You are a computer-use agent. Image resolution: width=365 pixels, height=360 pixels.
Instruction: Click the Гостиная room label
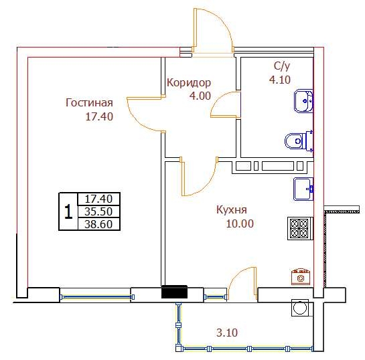point(89,103)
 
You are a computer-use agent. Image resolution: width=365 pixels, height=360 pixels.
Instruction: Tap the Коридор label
point(189,83)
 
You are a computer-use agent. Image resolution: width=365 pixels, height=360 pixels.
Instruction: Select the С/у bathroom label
point(282,66)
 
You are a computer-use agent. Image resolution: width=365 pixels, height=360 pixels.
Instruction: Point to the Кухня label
point(231,209)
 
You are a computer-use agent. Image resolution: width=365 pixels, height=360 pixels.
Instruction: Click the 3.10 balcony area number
point(227,333)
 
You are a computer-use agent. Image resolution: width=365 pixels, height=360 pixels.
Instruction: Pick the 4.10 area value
point(280,80)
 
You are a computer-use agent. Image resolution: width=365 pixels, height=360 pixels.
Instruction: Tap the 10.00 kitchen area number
point(240,223)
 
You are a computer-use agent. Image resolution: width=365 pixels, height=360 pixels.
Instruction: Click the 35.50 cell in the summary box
point(98,211)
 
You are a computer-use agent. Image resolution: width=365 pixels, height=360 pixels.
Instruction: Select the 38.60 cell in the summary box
point(98,224)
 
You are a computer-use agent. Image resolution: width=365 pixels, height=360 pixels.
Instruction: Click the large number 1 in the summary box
point(68,211)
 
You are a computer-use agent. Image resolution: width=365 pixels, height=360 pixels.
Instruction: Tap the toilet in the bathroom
point(299,141)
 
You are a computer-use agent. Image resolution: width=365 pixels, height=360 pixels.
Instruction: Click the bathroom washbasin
point(303,101)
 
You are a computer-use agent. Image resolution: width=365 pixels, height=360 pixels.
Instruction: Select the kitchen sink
point(303,189)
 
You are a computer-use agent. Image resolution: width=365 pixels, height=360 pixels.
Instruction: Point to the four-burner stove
point(300,228)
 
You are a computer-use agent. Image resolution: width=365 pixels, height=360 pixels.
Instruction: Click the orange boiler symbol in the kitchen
point(301,277)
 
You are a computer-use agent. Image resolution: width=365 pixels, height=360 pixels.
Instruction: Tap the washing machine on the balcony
point(300,307)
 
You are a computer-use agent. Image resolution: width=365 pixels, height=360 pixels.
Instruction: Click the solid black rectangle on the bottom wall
point(174,292)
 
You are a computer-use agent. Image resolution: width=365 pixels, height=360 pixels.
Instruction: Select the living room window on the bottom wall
point(97,297)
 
